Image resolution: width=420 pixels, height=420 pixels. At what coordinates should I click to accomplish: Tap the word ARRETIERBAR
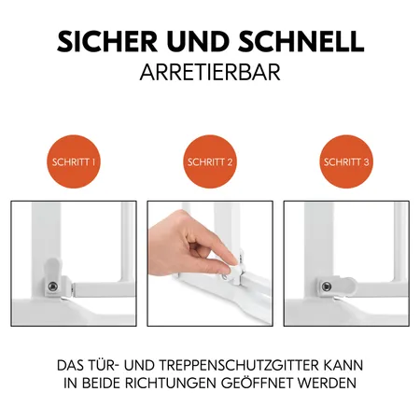click(x=209, y=74)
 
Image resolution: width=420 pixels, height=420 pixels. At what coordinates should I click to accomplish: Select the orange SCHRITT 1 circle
click(x=73, y=161)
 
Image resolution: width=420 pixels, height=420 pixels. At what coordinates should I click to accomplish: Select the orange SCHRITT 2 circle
click(x=210, y=161)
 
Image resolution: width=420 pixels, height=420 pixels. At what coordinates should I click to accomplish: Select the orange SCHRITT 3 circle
click(x=346, y=161)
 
